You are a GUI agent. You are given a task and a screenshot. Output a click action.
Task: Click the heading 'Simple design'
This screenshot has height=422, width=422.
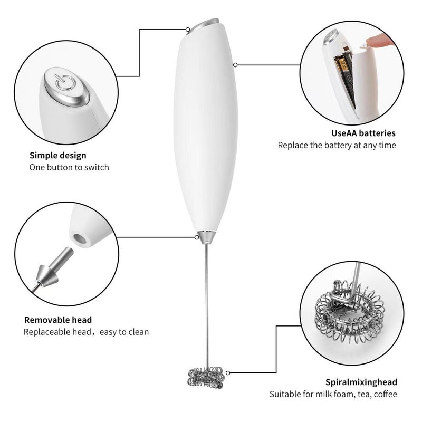pyautogui.click(x=57, y=156)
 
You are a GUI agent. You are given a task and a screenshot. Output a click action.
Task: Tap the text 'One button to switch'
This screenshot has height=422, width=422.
pyautogui.click(x=69, y=168)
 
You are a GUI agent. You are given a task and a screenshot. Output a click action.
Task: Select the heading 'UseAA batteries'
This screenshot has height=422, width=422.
pyautogui.click(x=363, y=133)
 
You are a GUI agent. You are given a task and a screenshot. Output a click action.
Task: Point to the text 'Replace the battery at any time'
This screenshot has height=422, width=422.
pyautogui.click(x=337, y=145)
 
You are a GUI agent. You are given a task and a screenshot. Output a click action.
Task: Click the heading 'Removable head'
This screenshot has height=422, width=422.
pyautogui.click(x=58, y=320)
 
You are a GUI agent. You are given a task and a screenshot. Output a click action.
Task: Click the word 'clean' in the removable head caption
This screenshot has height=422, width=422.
pyautogui.click(x=137, y=332)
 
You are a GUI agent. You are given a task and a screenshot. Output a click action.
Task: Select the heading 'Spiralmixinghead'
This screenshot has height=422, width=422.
pyautogui.click(x=361, y=382)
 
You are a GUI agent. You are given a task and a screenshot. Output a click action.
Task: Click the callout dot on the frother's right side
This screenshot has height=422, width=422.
pyautogui.click(x=235, y=65)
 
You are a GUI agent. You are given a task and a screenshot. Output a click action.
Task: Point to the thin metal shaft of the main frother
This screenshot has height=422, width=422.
pyautogui.click(x=206, y=301)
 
